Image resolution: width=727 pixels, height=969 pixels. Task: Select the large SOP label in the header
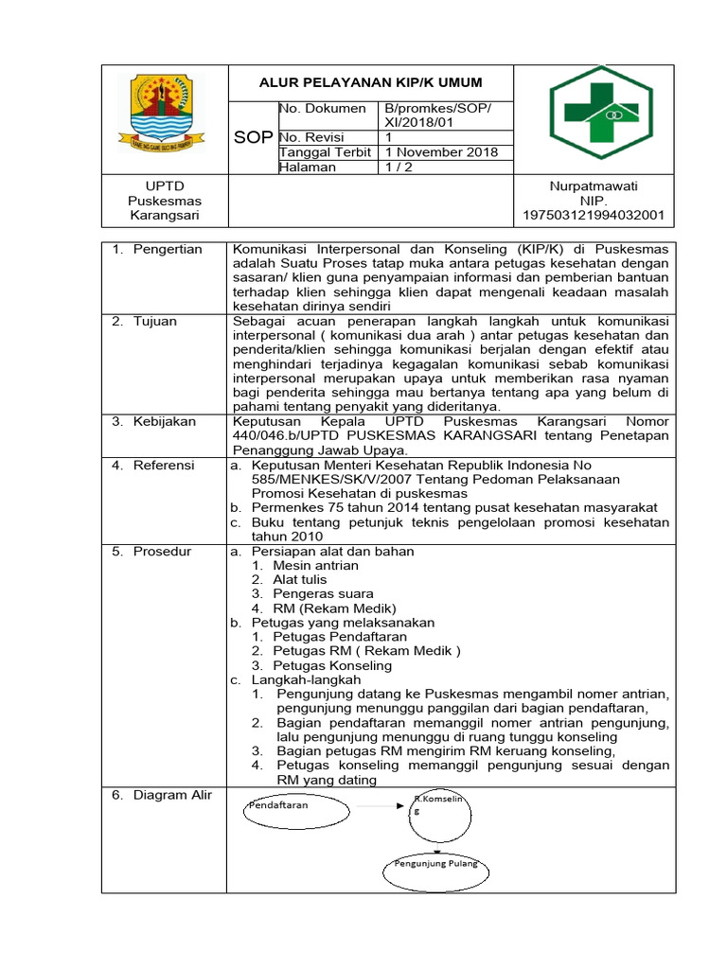pyautogui.click(x=253, y=138)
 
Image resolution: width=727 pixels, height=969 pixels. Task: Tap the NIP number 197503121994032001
pyautogui.click(x=594, y=217)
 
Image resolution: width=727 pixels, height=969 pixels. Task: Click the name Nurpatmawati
pyautogui.click(x=594, y=185)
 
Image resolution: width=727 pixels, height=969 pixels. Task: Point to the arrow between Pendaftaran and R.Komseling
pyautogui.click(x=380, y=806)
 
